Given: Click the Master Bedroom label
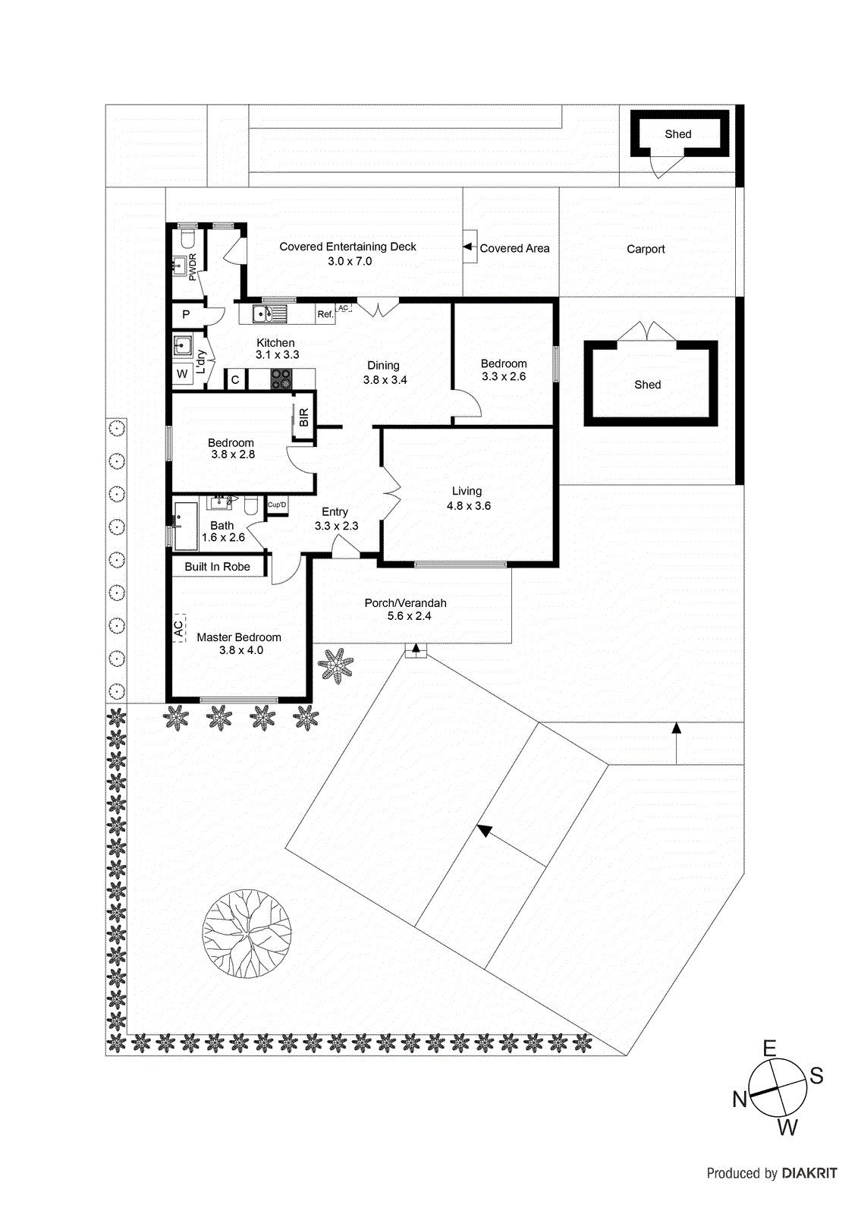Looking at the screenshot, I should (239, 637).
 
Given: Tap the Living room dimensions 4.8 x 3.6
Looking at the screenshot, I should (468, 506).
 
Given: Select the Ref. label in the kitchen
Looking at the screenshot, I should (325, 314).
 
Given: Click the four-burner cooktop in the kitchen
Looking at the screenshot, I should (281, 379).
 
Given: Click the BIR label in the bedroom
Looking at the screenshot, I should (304, 417).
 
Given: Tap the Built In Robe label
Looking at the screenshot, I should (217, 567).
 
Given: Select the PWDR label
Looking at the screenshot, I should (193, 267).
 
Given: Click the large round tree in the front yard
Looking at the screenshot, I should (247, 933).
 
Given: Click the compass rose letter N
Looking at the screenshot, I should (740, 1099).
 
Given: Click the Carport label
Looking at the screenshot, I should (646, 249).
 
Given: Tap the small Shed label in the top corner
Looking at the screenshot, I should (677, 134).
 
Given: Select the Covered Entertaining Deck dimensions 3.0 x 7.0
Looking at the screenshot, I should (350, 261).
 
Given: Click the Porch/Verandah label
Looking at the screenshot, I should (405, 603).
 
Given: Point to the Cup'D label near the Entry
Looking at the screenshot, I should (277, 505).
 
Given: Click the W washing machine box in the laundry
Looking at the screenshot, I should (182, 374).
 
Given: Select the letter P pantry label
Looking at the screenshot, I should (186, 314).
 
